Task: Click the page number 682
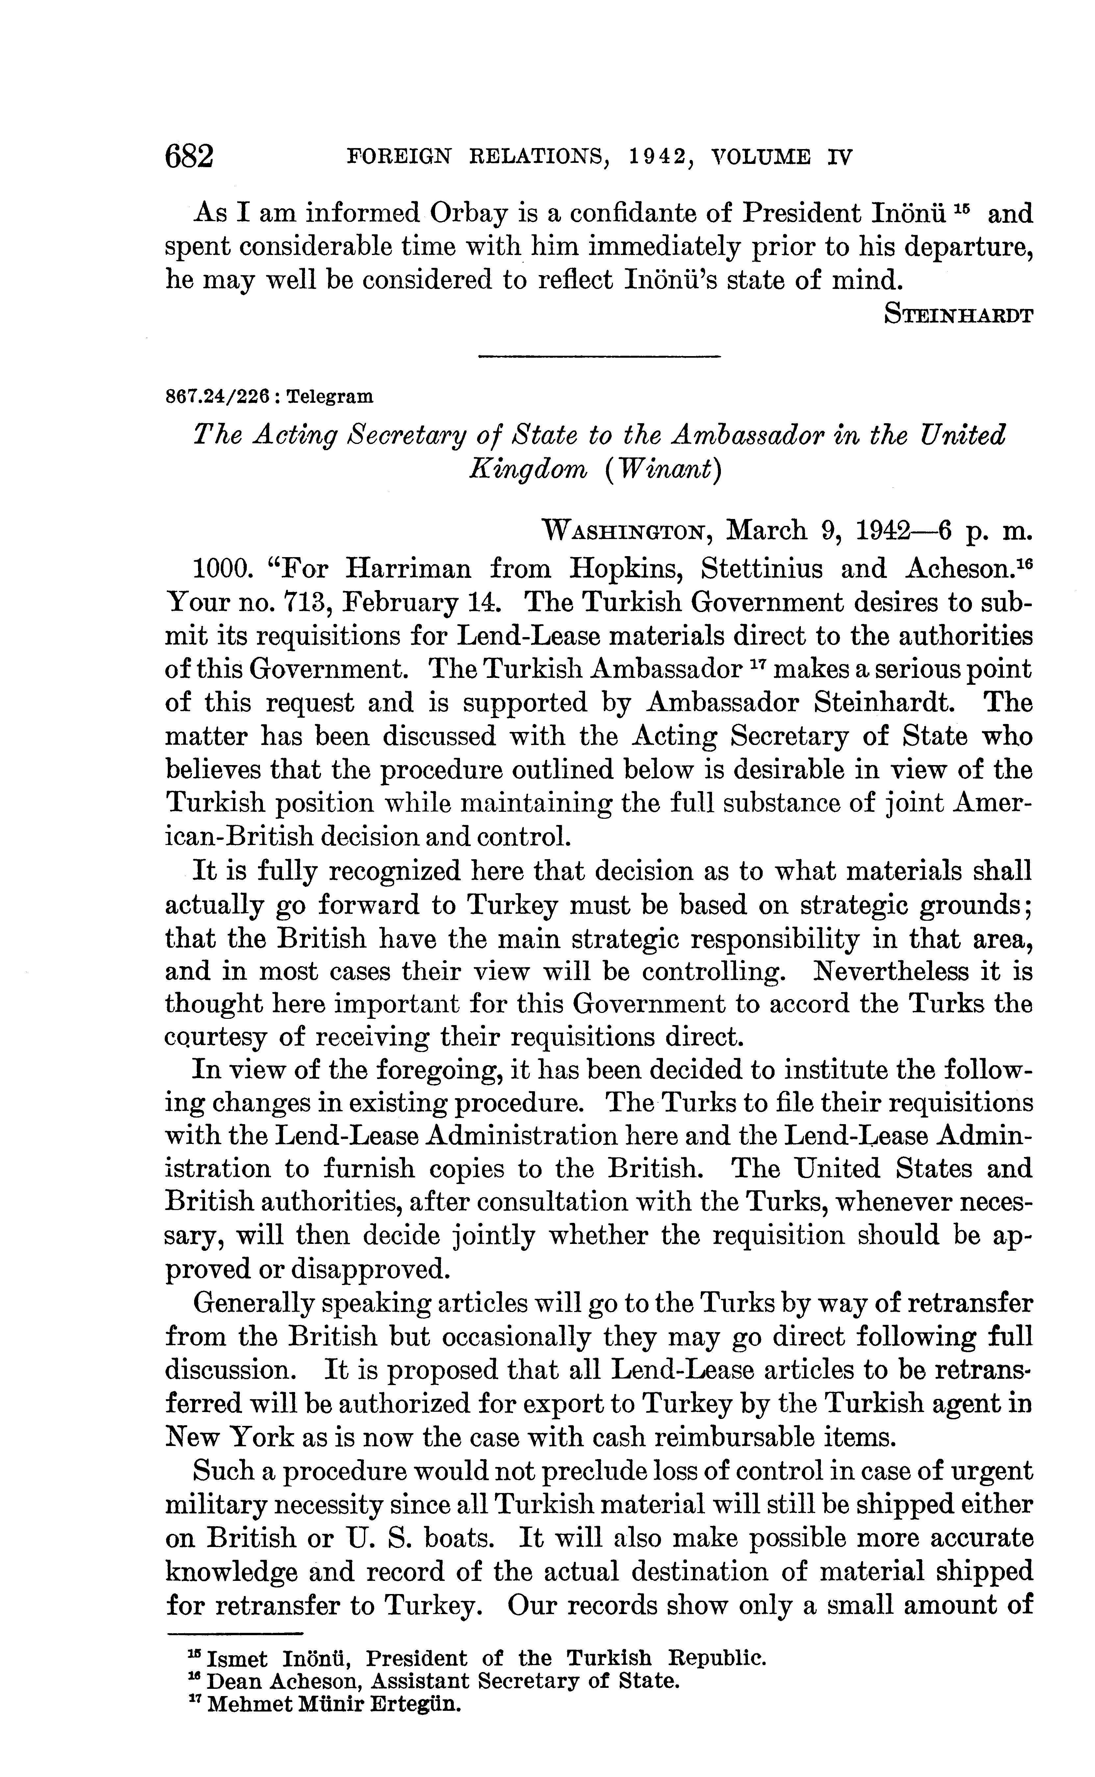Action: [190, 156]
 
